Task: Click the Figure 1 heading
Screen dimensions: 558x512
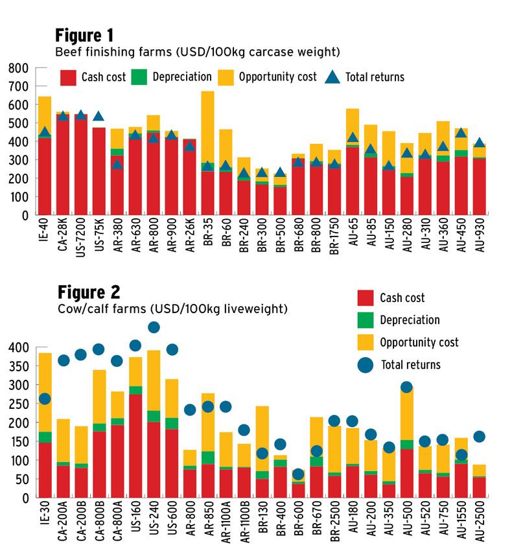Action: tap(84, 34)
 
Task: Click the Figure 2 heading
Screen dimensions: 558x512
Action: tap(89, 291)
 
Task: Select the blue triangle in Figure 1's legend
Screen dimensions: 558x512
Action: tap(332, 77)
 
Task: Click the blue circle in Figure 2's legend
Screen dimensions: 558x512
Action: tap(367, 365)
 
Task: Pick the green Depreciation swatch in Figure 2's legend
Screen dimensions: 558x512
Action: tap(366, 320)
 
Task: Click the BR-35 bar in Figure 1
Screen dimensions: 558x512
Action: tap(207, 156)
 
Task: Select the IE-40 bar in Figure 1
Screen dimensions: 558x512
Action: tap(45, 156)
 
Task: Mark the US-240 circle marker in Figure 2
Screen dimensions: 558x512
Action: tap(154, 327)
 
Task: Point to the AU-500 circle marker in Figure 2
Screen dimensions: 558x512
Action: tap(406, 388)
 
